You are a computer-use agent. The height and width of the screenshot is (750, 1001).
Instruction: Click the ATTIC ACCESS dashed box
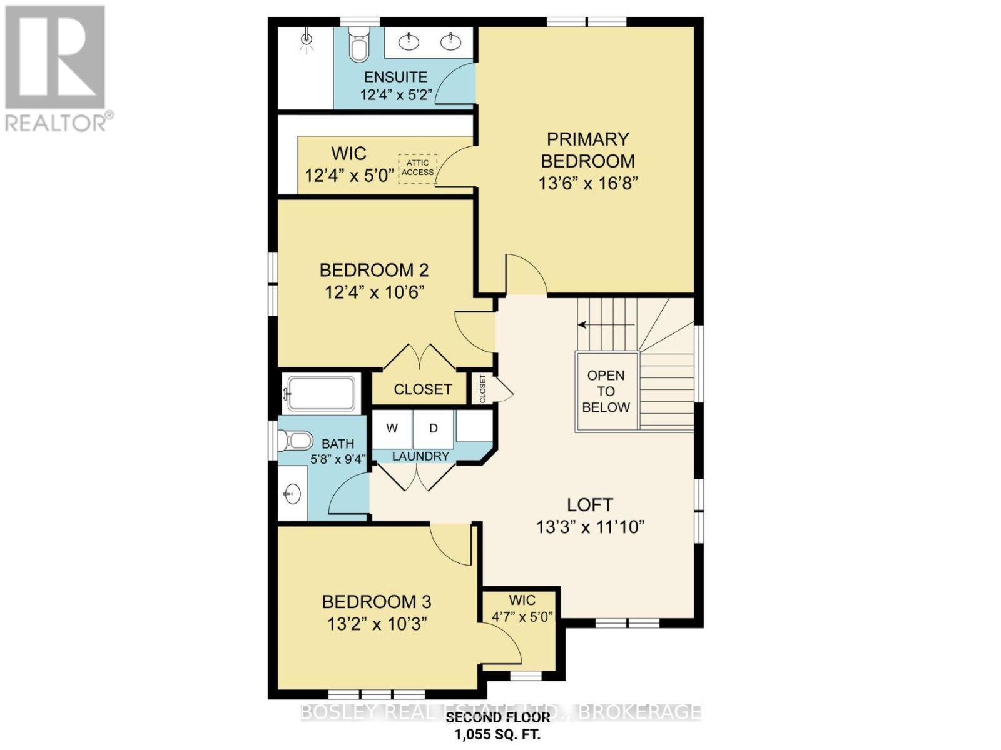point(417,168)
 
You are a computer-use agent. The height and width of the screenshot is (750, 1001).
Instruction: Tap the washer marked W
point(392,428)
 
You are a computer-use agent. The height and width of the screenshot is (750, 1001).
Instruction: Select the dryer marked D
point(433,428)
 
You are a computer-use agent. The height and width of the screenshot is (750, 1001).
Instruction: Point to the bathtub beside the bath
point(319,394)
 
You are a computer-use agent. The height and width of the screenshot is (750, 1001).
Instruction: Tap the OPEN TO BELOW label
point(606,391)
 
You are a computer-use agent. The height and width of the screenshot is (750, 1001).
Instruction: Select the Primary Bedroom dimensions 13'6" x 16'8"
point(587,184)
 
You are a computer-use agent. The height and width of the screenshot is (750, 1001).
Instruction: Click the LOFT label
point(589,504)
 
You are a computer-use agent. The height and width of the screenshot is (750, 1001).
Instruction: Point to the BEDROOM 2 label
point(373,270)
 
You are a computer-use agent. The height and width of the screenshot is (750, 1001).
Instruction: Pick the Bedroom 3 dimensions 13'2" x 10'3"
point(377,624)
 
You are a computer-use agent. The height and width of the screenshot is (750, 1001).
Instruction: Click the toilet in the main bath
point(295,441)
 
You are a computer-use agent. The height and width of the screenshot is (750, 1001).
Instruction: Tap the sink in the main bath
point(292,495)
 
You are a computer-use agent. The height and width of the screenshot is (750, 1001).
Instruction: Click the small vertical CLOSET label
point(482,389)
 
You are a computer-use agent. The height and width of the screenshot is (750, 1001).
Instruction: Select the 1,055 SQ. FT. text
point(497,734)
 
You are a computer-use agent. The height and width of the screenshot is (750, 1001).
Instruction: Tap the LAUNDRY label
point(420,456)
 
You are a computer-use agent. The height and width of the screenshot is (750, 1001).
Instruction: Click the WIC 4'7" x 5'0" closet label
point(522,608)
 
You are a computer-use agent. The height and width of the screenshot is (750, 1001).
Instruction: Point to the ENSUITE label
point(395,77)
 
